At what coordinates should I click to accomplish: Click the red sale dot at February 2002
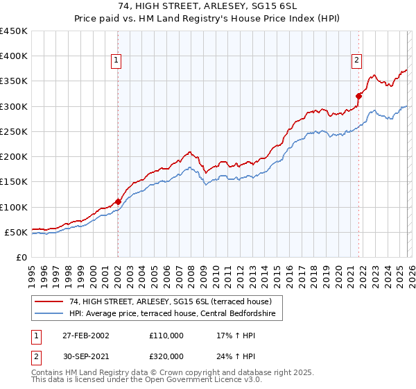point(118,202)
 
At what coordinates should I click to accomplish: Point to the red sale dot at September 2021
point(359,97)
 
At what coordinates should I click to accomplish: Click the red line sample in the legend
point(50,301)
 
